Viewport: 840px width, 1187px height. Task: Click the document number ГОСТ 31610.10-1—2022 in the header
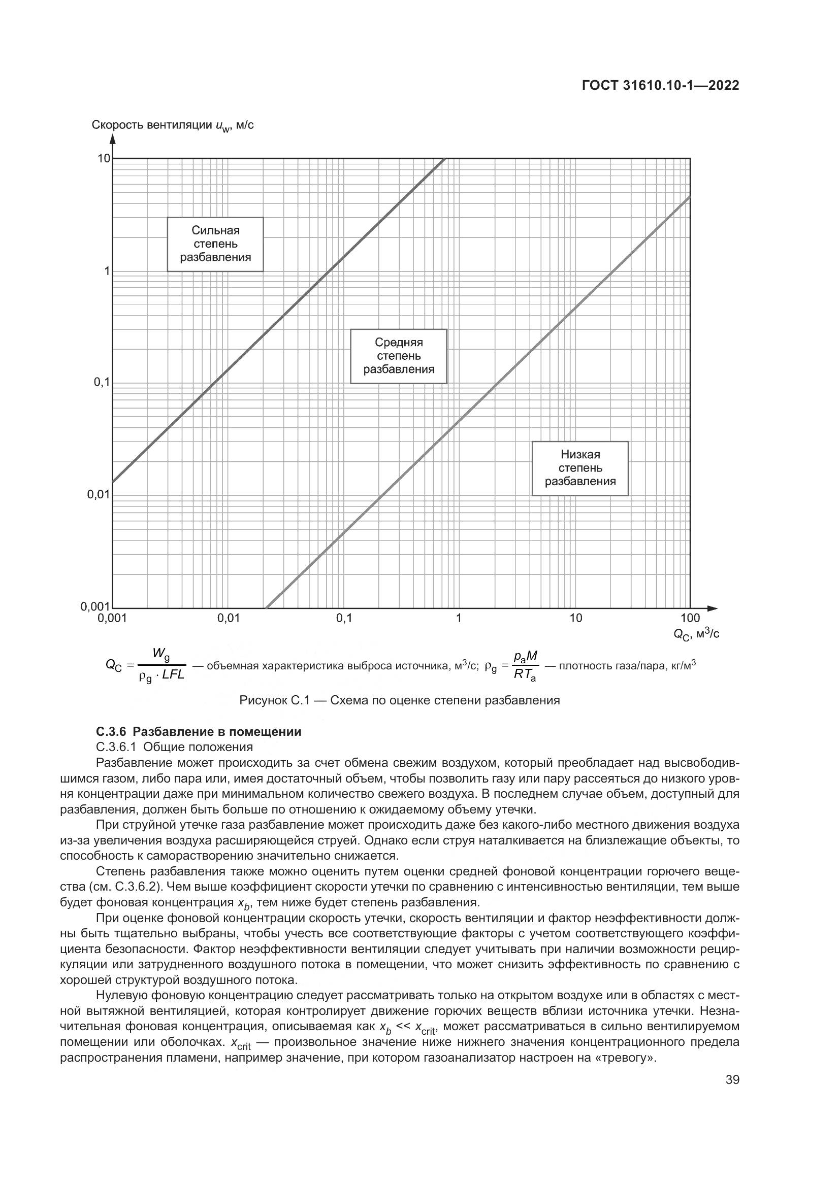click(x=660, y=86)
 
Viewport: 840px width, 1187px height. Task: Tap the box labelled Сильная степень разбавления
click(x=215, y=244)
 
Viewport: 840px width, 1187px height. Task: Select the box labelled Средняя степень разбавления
click(x=398, y=356)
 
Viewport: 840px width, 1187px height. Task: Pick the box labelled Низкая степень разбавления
click(x=580, y=468)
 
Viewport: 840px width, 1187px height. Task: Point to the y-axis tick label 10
click(x=104, y=158)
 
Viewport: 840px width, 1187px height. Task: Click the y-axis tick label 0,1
click(x=101, y=383)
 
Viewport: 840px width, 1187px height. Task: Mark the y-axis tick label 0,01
click(x=99, y=495)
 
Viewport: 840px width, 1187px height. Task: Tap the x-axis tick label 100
click(x=690, y=618)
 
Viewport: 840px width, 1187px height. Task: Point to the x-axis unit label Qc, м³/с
click(x=696, y=634)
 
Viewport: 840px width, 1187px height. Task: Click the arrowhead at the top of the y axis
click(x=113, y=139)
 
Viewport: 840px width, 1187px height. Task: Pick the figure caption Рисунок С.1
click(x=399, y=701)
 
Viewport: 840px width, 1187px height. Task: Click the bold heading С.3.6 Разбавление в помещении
click(x=199, y=732)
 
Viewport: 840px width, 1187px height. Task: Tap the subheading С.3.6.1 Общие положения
click(x=174, y=747)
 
